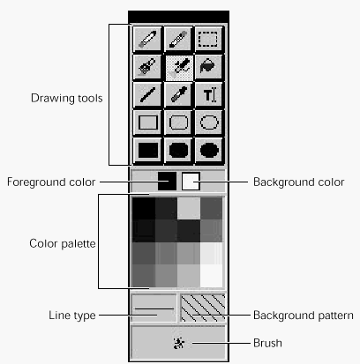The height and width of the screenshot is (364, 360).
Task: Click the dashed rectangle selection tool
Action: coord(208,39)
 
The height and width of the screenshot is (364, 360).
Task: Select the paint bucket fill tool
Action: coord(208,66)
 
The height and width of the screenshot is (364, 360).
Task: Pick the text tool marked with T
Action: coord(208,94)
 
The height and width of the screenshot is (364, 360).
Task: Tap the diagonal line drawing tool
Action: coord(147,94)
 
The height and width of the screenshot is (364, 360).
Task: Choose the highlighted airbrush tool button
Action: coord(178,67)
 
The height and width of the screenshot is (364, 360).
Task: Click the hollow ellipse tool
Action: coord(209,123)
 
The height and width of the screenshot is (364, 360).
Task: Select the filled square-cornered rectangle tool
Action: coord(147,150)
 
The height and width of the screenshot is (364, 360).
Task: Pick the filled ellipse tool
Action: coord(209,150)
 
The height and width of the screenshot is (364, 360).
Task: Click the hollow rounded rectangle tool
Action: coord(178,123)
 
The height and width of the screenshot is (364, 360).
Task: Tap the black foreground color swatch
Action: coord(167,182)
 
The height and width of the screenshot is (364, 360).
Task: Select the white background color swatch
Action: coord(191,182)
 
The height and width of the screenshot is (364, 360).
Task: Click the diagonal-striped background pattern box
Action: coord(203,308)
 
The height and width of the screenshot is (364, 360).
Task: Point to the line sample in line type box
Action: coord(154,308)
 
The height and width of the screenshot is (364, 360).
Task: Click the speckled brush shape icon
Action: coord(179,343)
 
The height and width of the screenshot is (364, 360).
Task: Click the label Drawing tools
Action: coord(67,99)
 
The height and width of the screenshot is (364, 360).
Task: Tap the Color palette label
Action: coord(63,243)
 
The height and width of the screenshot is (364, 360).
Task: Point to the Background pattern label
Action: coord(304,316)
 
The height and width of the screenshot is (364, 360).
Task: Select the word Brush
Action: coord(267,343)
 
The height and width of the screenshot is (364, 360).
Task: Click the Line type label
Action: coord(72,316)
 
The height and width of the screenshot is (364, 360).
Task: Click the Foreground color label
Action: coord(51,182)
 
